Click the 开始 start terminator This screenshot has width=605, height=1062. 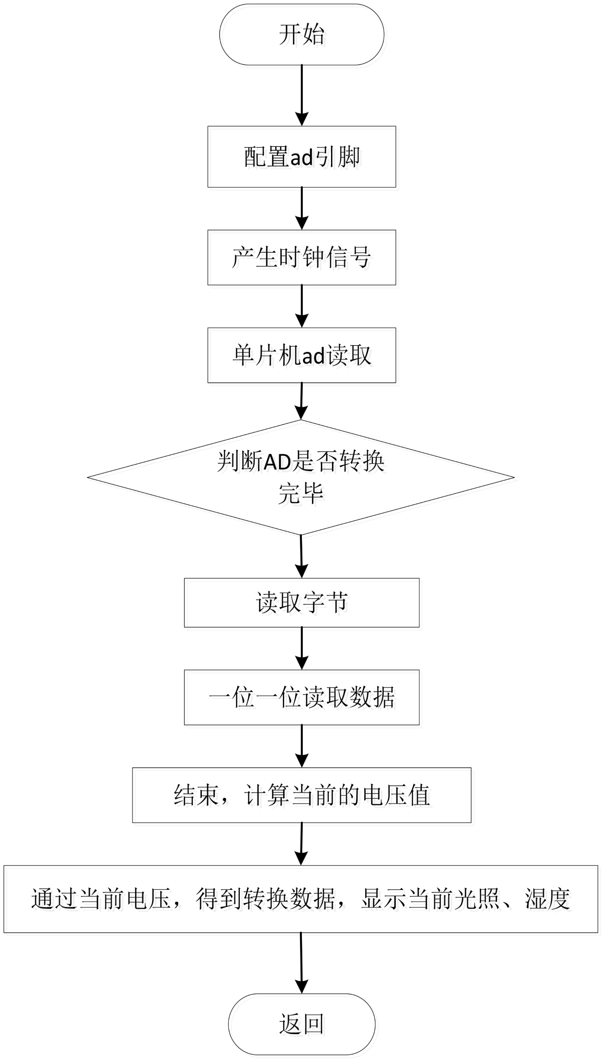point(301,35)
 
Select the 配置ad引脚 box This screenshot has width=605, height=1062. point(301,157)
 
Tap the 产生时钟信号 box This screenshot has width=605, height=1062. point(301,257)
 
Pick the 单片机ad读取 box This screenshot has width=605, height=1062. point(301,355)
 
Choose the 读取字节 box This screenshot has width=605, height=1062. point(301,602)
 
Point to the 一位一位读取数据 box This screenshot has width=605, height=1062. point(301,697)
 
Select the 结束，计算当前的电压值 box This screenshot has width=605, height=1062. point(301,795)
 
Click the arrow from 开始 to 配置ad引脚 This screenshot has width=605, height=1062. point(302,95)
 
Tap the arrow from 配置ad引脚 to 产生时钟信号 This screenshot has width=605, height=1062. point(302,208)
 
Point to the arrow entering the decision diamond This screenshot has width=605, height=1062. point(301,401)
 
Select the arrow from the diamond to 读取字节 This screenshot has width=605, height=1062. point(301,556)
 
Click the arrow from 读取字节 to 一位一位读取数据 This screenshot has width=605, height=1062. point(302,648)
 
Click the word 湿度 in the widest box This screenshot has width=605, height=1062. point(547,899)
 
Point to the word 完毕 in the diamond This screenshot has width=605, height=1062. point(301,493)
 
